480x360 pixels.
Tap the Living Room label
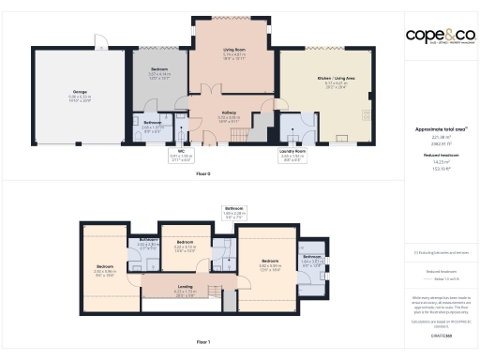tap(235, 52)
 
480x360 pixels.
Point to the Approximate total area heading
tap(435, 129)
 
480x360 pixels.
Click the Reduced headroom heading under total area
tap(435, 156)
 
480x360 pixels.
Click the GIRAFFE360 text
tap(435, 336)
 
